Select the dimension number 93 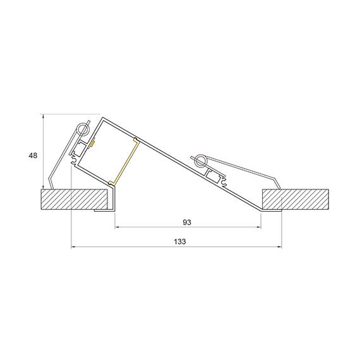186,222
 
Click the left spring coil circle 81,130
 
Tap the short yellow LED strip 92,143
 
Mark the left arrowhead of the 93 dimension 116,227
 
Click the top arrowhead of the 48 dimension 42,116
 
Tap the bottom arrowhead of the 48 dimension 42,187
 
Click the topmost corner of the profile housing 102,117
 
